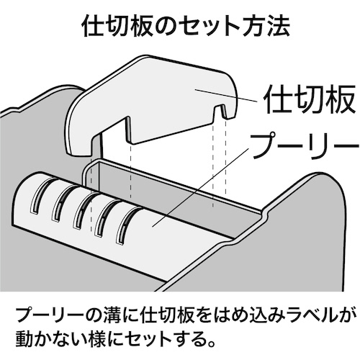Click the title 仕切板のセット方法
186,27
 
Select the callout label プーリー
305,146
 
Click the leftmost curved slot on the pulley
41,195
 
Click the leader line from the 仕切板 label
226,95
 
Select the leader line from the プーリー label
200,187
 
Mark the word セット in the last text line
153,340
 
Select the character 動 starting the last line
25,340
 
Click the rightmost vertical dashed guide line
225,156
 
